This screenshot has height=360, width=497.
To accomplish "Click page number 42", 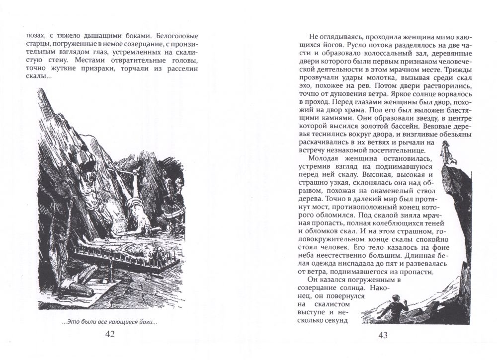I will [x=110, y=334].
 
